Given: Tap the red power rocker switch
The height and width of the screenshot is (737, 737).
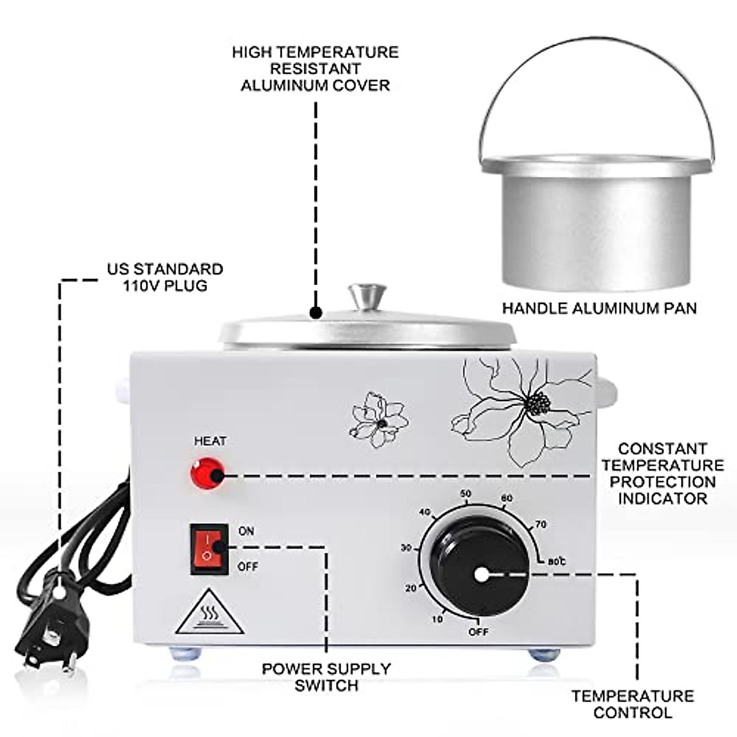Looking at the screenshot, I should pyautogui.click(x=207, y=548).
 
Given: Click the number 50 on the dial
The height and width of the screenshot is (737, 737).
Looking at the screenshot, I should pyautogui.click(x=466, y=494).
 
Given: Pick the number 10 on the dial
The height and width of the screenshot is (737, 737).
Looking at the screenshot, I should pyautogui.click(x=437, y=619).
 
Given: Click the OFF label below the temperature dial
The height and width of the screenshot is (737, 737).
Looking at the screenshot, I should pyautogui.click(x=478, y=631).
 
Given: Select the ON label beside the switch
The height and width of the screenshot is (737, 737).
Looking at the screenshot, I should pyautogui.click(x=246, y=531).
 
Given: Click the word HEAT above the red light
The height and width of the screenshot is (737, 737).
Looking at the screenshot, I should pyautogui.click(x=210, y=441).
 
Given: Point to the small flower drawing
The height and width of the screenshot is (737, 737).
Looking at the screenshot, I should pyautogui.click(x=378, y=419).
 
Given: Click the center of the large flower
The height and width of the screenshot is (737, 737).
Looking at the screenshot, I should pyautogui.click(x=539, y=404).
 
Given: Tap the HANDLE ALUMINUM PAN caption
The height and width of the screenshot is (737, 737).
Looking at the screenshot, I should pyautogui.click(x=599, y=308).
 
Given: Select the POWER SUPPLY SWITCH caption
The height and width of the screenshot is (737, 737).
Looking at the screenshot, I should pyautogui.click(x=326, y=677).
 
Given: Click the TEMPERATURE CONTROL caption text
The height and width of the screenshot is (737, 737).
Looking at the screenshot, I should pyautogui.click(x=633, y=704).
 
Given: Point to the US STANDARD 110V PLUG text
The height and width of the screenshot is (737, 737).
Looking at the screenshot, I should pyautogui.click(x=165, y=277).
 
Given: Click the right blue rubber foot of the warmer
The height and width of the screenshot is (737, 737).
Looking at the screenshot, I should pyautogui.click(x=543, y=654).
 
